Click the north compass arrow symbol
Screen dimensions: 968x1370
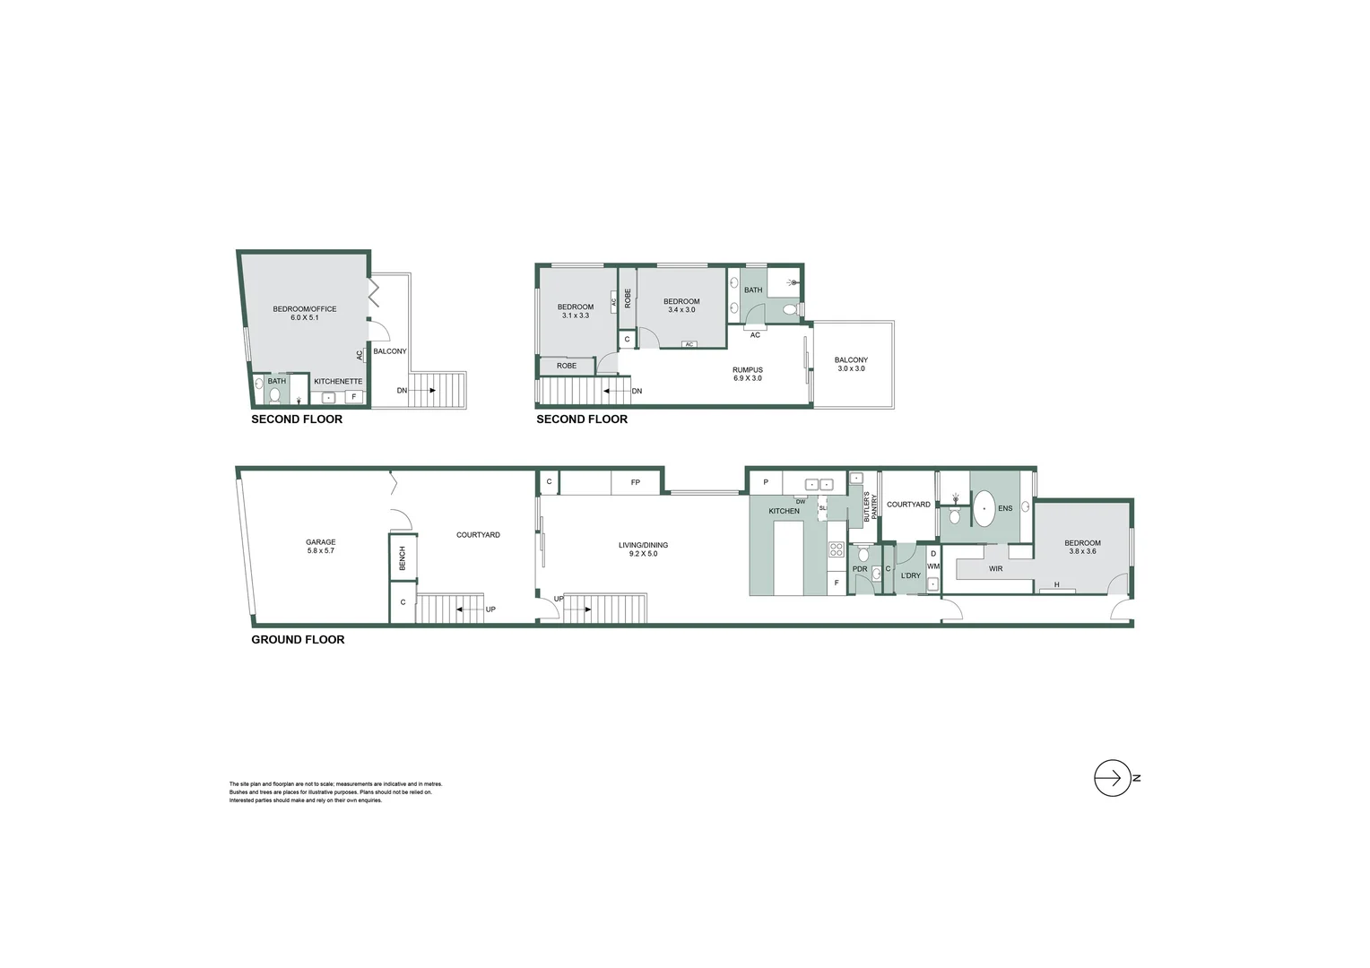tap(1112, 778)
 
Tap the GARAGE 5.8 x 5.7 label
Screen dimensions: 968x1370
tap(320, 546)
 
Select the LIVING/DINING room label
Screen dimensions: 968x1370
tap(643, 549)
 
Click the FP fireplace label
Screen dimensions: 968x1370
tap(635, 483)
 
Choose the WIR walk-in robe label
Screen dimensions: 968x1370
tap(995, 569)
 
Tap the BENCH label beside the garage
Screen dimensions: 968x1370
tap(403, 557)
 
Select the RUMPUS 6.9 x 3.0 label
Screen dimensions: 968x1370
tap(747, 374)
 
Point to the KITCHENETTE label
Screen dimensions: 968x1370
tap(338, 382)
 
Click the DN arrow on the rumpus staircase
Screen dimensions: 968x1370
tap(619, 391)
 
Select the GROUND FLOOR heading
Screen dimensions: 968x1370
tap(298, 640)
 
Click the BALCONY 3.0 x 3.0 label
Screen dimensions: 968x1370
tap(851, 364)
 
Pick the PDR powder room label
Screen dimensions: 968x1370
tap(860, 569)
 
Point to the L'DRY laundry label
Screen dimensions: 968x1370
tap(910, 575)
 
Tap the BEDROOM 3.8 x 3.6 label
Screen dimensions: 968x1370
tap(1082, 547)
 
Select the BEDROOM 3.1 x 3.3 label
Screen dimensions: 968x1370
tap(575, 311)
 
